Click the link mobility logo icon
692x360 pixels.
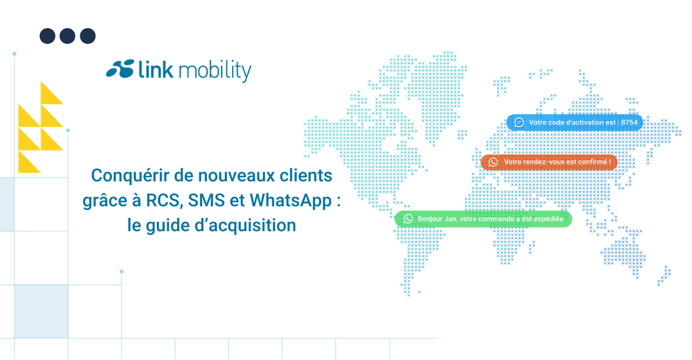point(120,69)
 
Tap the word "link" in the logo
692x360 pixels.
point(156,69)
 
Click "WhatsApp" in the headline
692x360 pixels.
point(290,200)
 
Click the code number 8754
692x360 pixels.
point(629,122)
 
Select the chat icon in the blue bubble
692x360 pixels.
point(519,122)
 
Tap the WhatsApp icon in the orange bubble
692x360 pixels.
point(493,162)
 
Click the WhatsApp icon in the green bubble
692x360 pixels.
point(408,219)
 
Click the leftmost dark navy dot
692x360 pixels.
point(47,36)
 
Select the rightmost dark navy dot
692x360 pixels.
point(88,36)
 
